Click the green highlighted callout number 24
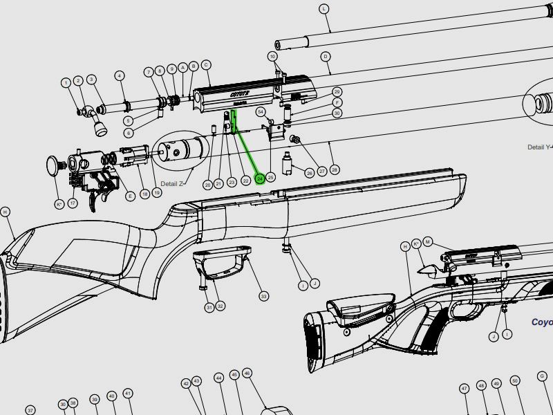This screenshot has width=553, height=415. click(260, 178)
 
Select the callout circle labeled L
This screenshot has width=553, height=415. click(325, 8)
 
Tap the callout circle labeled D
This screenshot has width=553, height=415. click(325, 57)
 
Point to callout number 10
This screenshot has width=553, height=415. click(272, 56)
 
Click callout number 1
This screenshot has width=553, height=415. click(66, 83)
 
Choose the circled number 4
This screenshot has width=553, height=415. click(120, 75)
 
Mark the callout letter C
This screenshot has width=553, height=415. click(206, 65)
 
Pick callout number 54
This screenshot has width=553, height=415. click(261, 111)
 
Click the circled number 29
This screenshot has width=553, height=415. click(337, 92)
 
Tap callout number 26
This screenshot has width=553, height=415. click(310, 173)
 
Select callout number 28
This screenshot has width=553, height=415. click(335, 169)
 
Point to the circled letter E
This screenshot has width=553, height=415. click(130, 196)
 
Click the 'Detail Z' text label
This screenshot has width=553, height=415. click(172, 183)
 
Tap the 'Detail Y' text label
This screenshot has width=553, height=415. click(539, 147)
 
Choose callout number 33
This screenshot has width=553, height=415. click(263, 296)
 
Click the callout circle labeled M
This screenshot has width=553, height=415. click(428, 241)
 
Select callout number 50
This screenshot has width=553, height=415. click(514, 381)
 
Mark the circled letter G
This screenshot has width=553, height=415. click(542, 376)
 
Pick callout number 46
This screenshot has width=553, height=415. click(247, 373)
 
